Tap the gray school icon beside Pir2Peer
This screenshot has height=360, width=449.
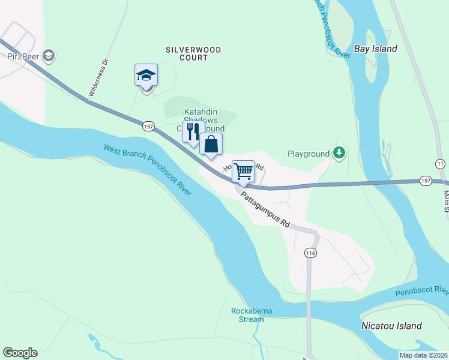click(49, 56)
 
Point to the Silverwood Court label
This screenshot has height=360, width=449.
click(193, 53)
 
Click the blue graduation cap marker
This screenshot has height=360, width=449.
click(146, 76)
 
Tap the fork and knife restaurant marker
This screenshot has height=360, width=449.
click(193, 132)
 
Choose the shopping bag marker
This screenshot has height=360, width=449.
click(211, 145)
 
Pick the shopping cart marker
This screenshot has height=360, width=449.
click(243, 171)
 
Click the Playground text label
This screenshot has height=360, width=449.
click(309, 154)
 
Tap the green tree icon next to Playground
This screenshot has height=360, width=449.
click(340, 154)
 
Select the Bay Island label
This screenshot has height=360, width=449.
click(375, 49)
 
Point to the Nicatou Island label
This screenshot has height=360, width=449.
click(391, 326)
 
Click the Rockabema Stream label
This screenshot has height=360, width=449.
click(247, 315)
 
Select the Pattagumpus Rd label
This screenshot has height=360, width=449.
click(265, 209)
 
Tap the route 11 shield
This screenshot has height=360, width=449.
click(441, 164)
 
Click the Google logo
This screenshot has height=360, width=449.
click(20, 353)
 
